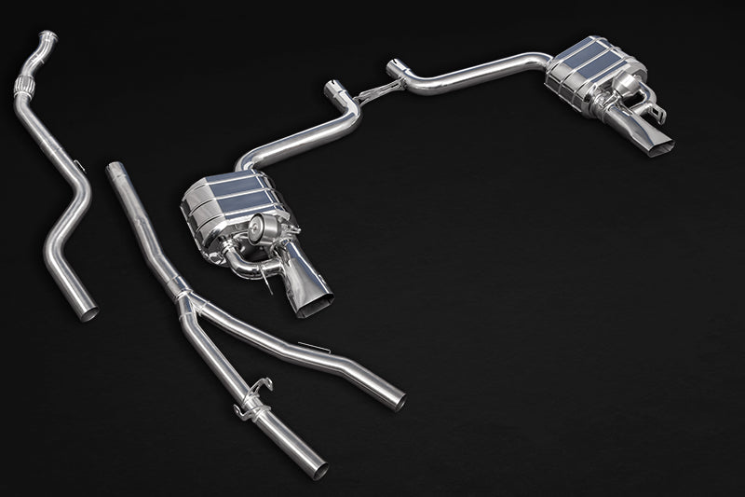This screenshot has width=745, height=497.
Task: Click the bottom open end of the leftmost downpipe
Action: (88, 313)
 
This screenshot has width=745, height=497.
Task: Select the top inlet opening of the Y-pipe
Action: (115, 169)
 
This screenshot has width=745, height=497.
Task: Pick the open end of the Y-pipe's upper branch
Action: (399, 402)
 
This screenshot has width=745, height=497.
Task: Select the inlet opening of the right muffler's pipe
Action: (395, 67)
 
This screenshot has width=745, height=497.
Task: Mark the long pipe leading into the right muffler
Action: (484, 73)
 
